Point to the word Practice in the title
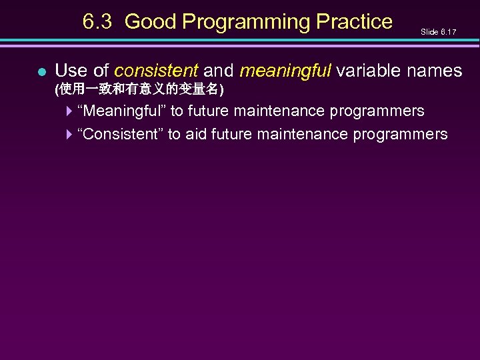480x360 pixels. tap(355, 22)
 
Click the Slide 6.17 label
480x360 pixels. tap(439, 31)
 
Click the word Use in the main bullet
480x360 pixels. tap(70, 70)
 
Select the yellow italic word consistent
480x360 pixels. tap(156, 70)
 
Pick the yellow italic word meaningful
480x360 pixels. tap(285, 70)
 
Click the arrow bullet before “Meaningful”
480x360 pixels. tap(69, 111)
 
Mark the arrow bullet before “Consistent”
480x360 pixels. tap(69, 135)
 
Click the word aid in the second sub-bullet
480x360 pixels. tap(196, 135)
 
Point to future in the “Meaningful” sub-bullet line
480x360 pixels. tap(209, 111)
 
